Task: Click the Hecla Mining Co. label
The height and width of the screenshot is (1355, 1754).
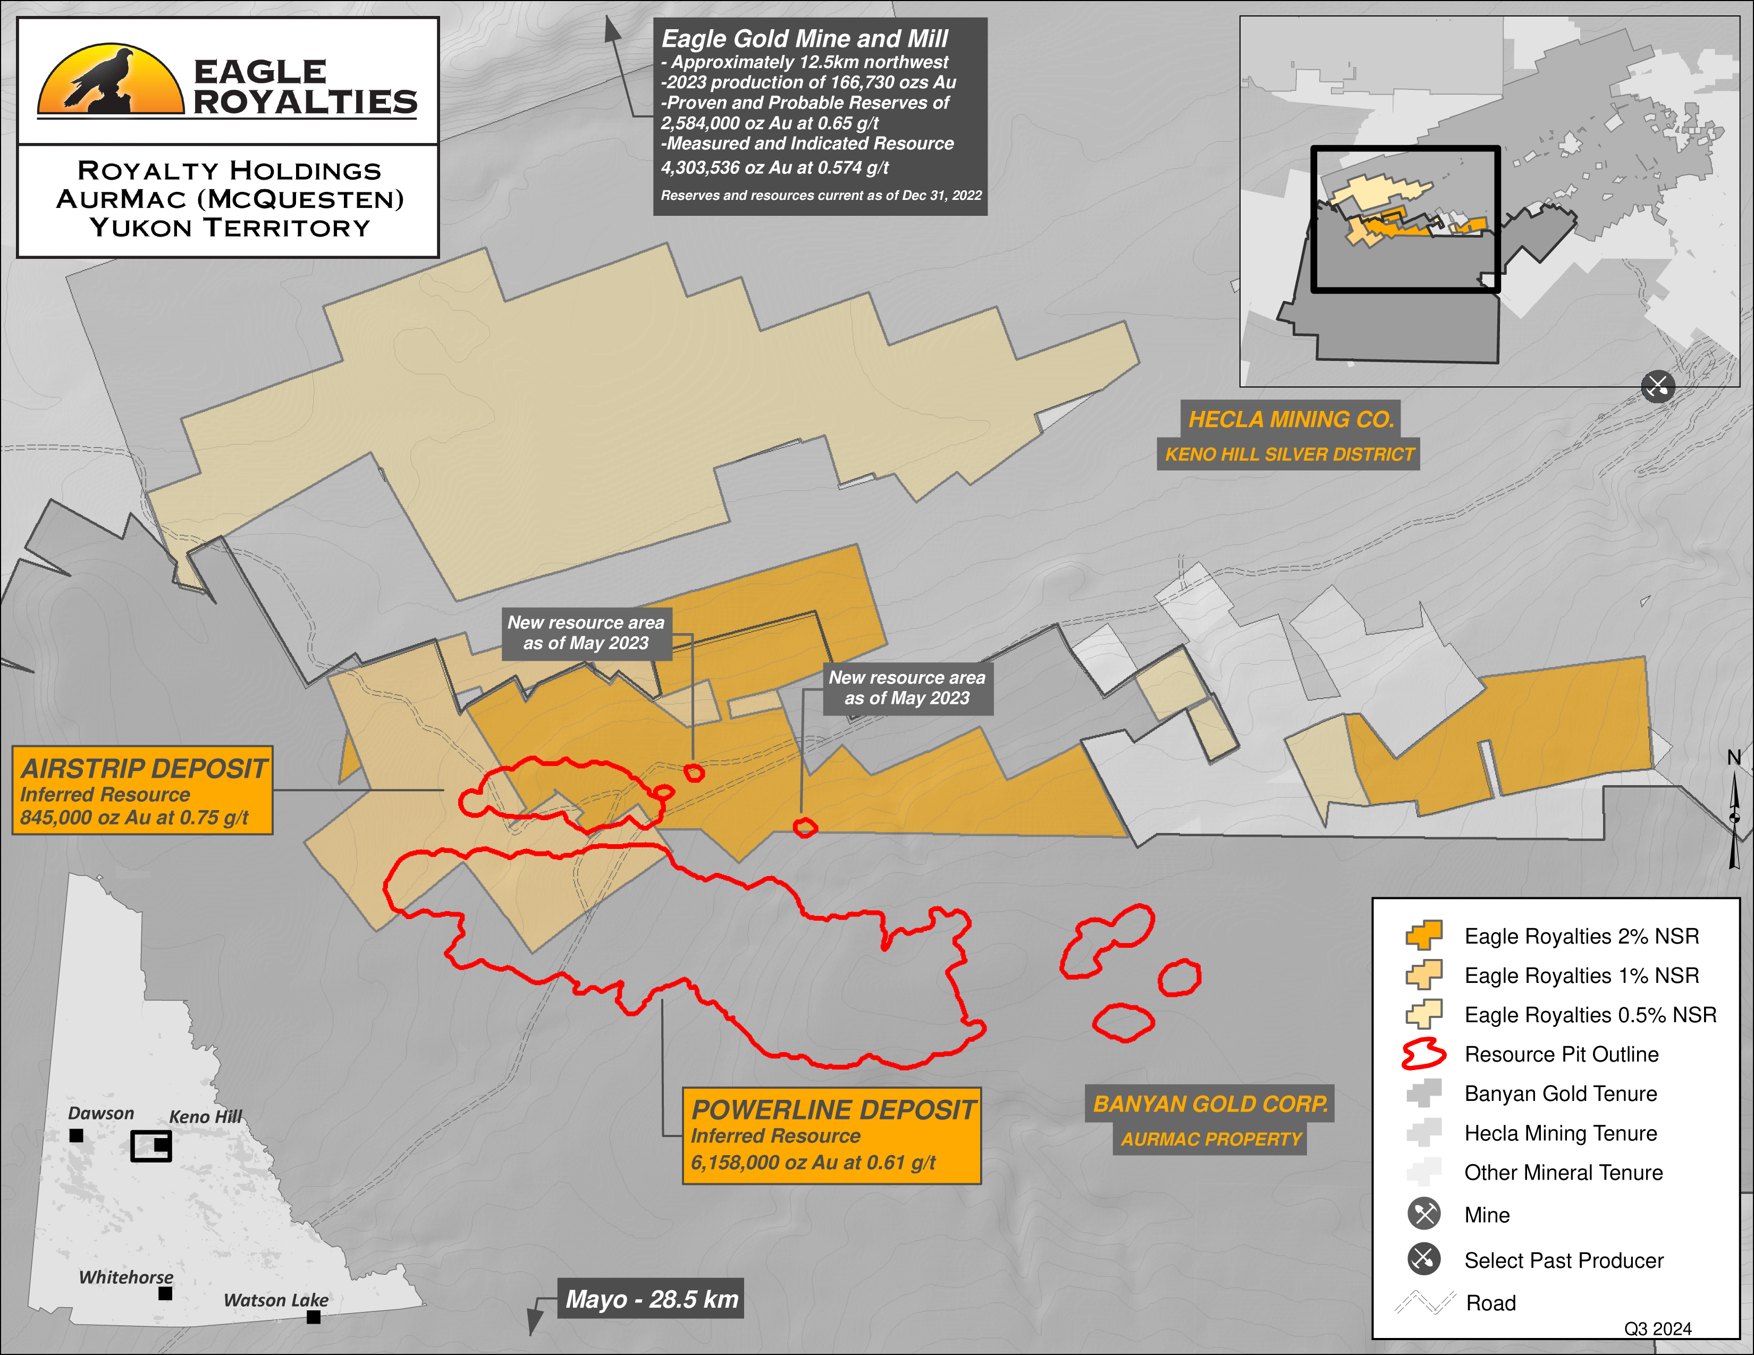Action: pos(1291,419)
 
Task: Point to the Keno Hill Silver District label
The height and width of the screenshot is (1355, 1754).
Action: pos(1289,455)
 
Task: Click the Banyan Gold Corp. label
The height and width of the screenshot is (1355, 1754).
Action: pos(1210,1105)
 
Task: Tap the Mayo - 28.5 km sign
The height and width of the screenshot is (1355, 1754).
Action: pos(651,1299)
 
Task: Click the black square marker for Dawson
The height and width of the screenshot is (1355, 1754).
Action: pos(77,1136)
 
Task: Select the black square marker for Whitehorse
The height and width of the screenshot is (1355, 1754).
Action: pos(165,1293)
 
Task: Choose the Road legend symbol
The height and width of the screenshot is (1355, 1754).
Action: pos(1424,1302)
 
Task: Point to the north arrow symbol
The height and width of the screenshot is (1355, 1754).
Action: pos(1735,819)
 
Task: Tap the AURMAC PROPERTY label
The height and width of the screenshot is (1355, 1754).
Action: pos(1210,1139)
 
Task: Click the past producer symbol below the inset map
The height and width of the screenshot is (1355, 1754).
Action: pos(1658,386)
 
